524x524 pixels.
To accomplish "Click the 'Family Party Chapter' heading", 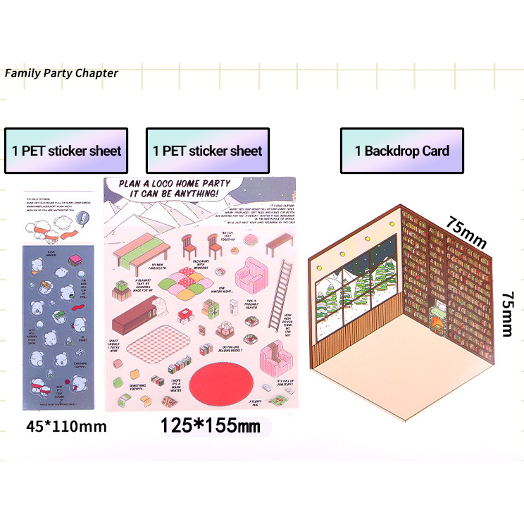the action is (61, 73).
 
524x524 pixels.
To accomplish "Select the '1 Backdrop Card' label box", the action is (402, 151).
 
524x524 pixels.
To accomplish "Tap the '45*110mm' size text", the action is (66, 426).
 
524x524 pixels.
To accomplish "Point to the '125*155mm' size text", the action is (211, 426).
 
